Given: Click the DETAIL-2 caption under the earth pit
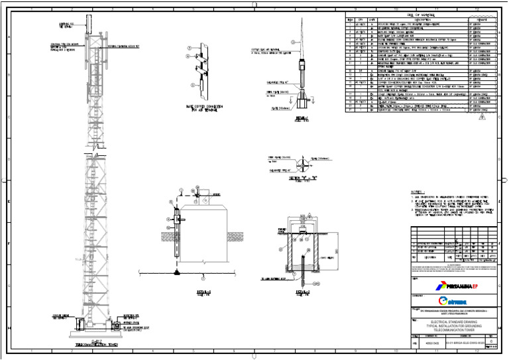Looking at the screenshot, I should [x=302, y=290].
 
